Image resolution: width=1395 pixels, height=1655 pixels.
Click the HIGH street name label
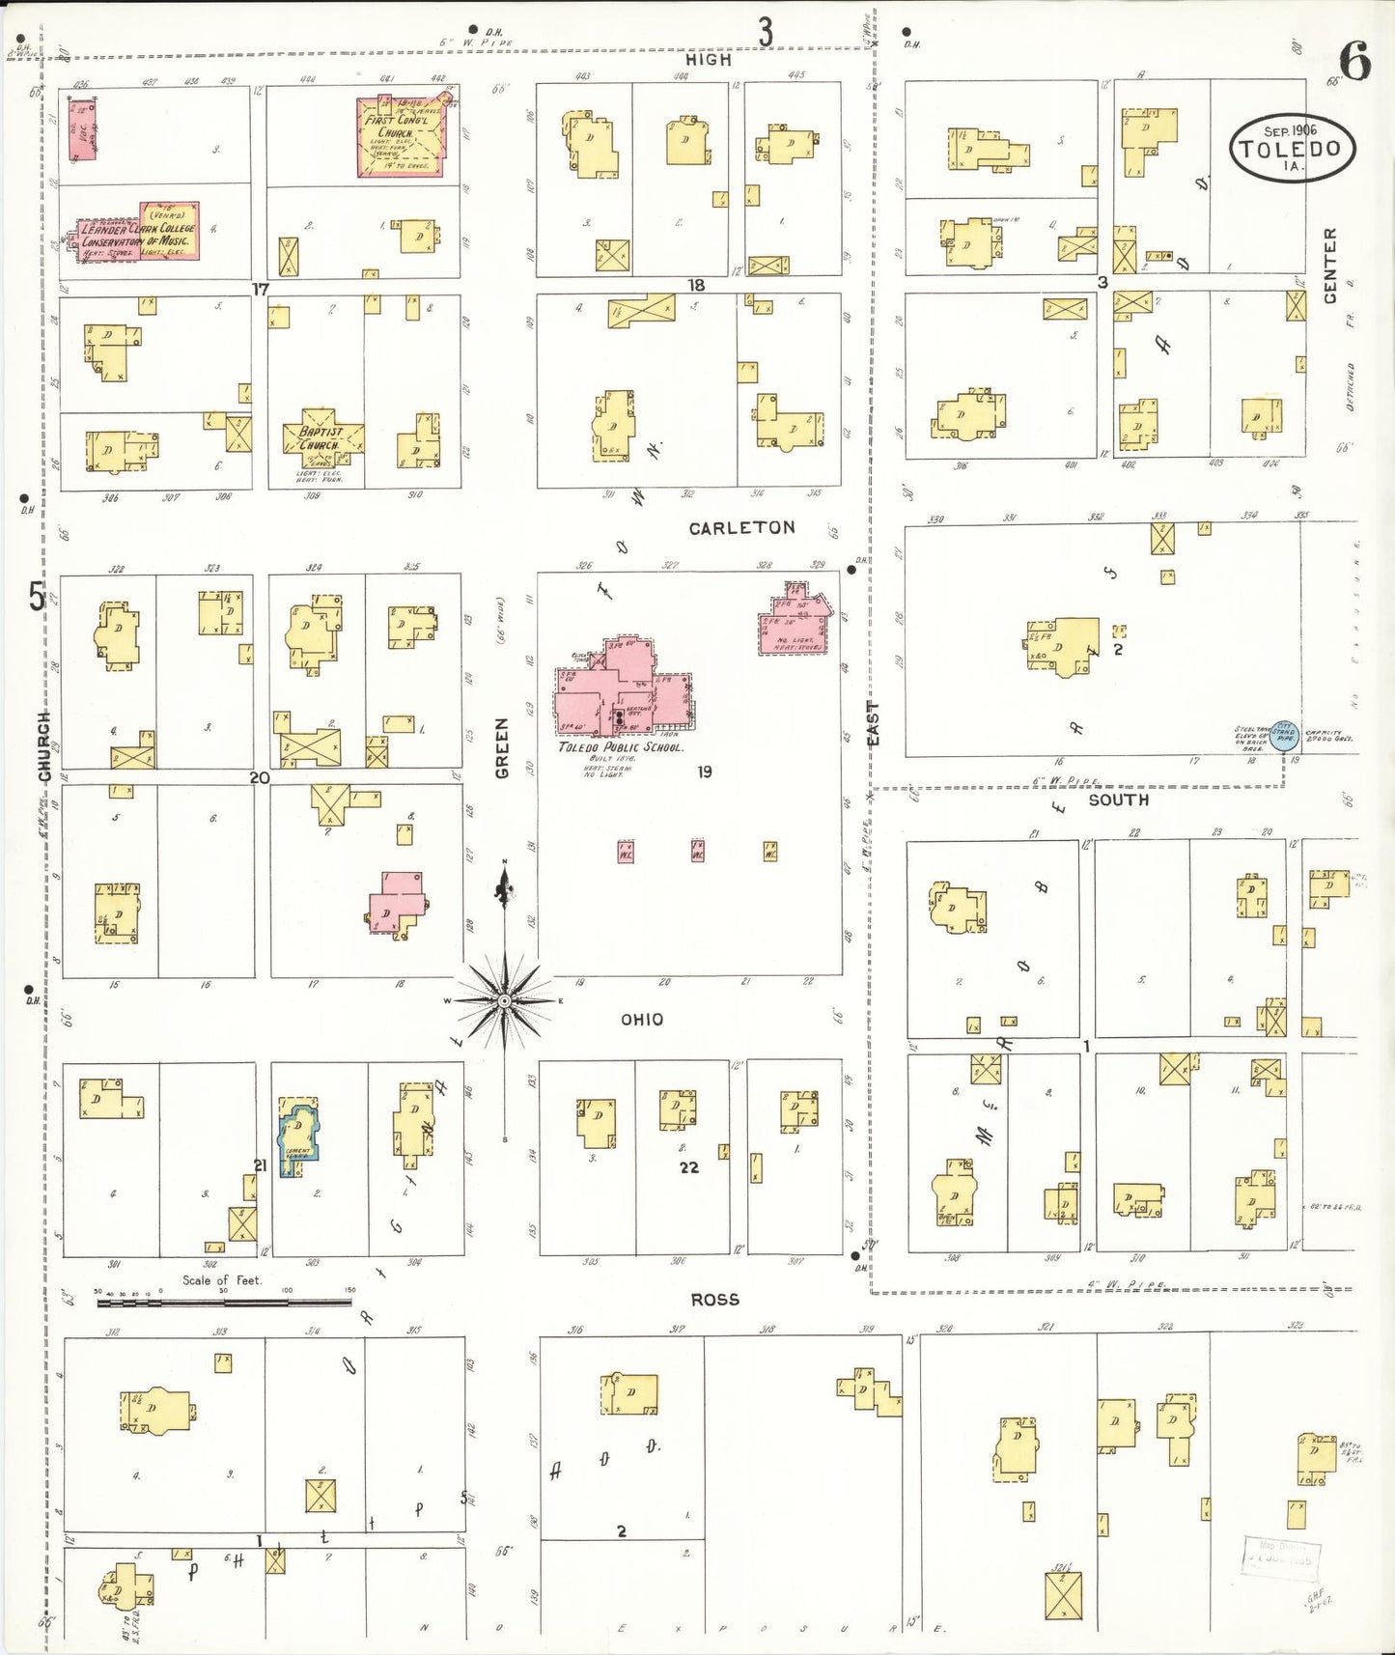[x=708, y=60]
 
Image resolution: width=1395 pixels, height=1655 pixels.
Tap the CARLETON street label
[x=741, y=528]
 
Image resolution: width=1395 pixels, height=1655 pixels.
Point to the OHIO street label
[x=641, y=1020]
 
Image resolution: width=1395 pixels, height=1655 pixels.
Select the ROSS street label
[x=714, y=1300]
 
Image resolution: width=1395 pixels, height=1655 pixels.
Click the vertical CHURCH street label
[x=43, y=746]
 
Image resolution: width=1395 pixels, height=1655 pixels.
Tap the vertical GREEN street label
[x=502, y=748]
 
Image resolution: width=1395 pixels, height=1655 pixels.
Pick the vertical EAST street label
[x=873, y=723]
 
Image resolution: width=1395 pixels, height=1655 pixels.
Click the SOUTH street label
[x=1118, y=800]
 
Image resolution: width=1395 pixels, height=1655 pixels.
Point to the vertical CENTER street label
[x=1330, y=266]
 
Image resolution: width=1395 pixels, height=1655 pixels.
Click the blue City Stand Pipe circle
[x=1284, y=736]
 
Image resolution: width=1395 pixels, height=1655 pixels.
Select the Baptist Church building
[x=321, y=438]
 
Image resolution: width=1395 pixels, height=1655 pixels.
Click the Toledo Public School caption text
[x=620, y=747]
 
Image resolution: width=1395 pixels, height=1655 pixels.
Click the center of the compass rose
[x=503, y=999]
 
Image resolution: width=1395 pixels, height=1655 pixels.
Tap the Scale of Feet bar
[x=224, y=1304]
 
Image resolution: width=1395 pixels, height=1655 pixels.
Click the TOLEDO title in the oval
[x=1291, y=149]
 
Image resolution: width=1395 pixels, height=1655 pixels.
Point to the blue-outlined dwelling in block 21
[x=299, y=1135]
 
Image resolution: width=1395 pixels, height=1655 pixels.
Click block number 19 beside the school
[x=705, y=771]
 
